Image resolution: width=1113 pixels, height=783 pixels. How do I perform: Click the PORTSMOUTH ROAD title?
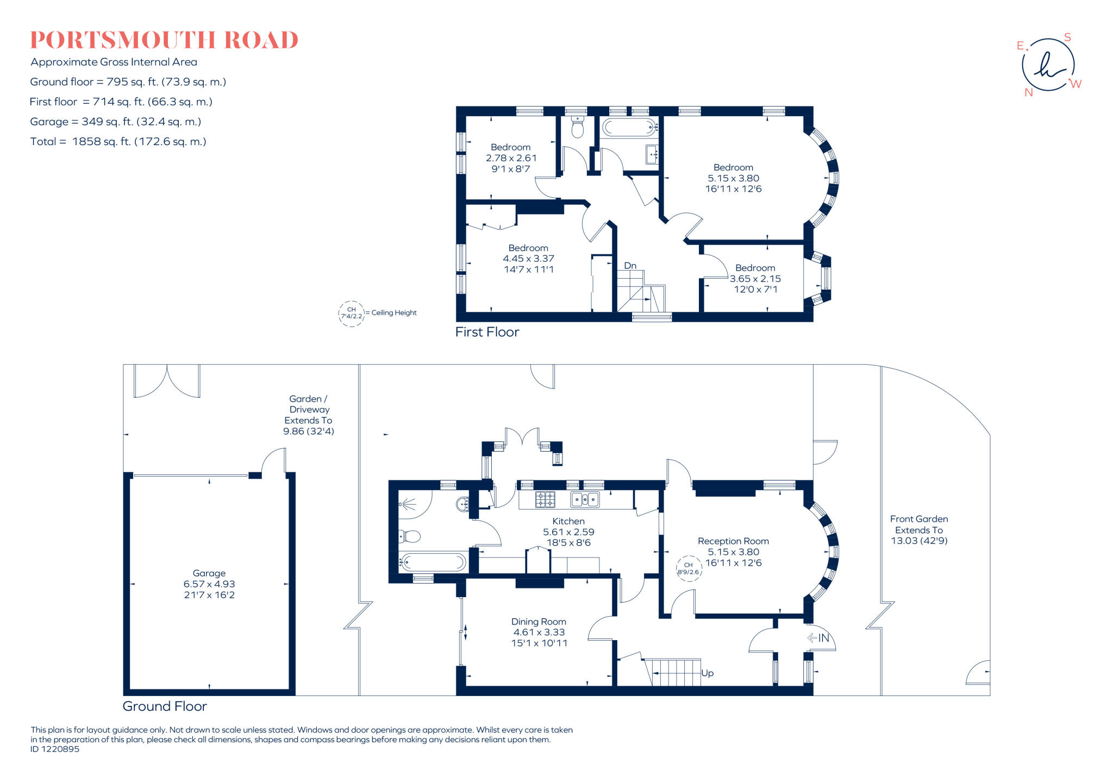(x=164, y=40)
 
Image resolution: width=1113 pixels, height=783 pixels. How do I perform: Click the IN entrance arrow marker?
(x=818, y=638)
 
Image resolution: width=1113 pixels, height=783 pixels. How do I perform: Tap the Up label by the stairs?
(x=707, y=673)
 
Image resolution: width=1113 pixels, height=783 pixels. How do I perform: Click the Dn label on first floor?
(x=630, y=266)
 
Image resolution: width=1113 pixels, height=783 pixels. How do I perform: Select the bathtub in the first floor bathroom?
(x=629, y=128)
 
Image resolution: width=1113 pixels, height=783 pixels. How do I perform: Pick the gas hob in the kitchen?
(x=545, y=499)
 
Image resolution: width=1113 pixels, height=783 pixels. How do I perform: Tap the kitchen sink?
(x=585, y=499)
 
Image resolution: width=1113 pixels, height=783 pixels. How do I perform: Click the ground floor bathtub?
(x=433, y=562)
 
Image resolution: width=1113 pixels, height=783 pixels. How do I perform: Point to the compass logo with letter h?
(x=1049, y=65)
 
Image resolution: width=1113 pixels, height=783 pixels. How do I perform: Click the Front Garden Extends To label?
(x=919, y=530)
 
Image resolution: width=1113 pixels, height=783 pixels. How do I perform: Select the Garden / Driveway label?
(x=309, y=415)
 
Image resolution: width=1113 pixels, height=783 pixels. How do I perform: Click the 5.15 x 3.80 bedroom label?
(x=733, y=178)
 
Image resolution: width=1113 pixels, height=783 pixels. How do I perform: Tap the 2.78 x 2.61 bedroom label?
(x=511, y=158)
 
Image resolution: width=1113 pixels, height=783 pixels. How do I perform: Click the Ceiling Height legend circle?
(x=352, y=314)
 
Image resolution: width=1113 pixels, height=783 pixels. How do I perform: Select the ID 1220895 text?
(x=55, y=749)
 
